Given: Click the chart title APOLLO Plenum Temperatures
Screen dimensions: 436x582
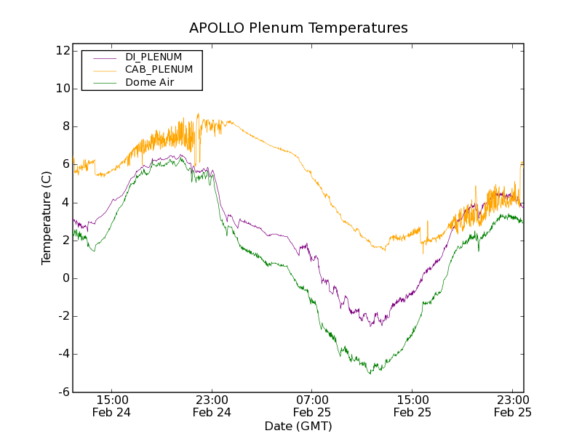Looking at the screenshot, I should coord(298,28).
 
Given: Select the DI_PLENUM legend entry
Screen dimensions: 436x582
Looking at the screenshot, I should coord(154,57).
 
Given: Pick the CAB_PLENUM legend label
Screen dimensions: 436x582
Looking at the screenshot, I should coord(159,69).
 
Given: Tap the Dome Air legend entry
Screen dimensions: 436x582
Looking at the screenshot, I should coord(150,82).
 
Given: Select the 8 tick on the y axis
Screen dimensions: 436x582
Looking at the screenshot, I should coord(65,126).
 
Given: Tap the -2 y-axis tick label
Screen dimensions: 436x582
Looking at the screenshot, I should coord(62,316).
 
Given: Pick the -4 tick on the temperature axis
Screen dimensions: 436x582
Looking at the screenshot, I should coord(62,354).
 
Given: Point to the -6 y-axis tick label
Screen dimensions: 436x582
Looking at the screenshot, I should coord(62,392).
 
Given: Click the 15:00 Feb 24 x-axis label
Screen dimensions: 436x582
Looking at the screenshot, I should coord(112,406).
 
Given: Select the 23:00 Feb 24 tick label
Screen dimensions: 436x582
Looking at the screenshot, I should coord(212,406).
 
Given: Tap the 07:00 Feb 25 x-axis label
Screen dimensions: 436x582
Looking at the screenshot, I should coord(312,406).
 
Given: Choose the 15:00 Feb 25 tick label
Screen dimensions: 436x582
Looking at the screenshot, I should coord(412,406).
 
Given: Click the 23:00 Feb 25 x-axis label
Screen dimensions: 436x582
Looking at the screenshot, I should coord(512,406).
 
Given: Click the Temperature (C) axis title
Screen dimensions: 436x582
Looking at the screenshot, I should coord(47,218).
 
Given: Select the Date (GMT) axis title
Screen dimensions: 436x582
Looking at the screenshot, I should coord(298,427).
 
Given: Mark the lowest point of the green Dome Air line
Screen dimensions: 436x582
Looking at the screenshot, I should coord(370,374).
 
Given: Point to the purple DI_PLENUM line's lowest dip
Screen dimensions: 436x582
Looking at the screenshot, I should coord(370,326).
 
